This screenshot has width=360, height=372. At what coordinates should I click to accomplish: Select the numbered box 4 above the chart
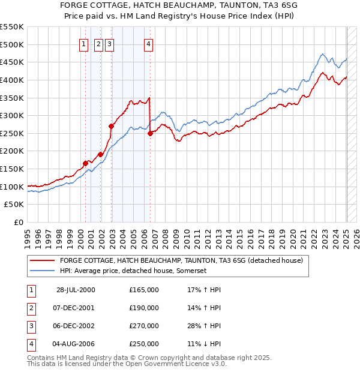click(x=148, y=43)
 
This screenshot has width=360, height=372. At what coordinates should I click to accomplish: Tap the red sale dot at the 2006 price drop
click(x=150, y=133)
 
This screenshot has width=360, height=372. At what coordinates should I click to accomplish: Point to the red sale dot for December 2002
click(x=111, y=126)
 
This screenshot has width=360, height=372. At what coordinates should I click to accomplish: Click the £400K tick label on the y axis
click(x=12, y=80)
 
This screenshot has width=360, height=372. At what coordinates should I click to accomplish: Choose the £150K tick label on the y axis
click(x=12, y=169)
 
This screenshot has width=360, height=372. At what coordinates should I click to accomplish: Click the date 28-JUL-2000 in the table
click(x=76, y=290)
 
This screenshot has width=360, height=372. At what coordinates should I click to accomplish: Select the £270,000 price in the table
click(x=144, y=327)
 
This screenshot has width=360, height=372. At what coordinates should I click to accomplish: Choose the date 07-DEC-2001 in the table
click(x=74, y=308)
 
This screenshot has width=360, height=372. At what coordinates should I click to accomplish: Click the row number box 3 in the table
click(x=31, y=327)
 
